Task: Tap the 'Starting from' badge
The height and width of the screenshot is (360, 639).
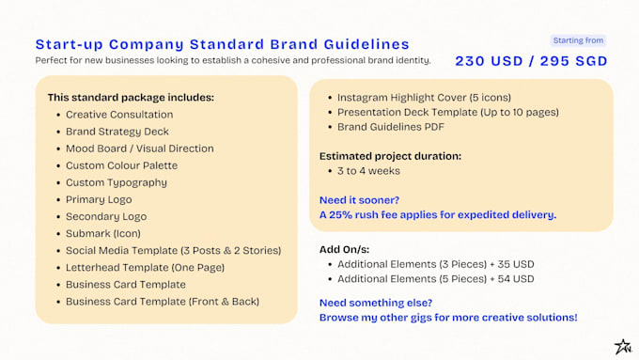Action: point(578,40)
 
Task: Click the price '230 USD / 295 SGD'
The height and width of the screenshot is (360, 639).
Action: point(531,61)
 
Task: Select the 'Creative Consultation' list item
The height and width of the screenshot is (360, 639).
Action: point(119,114)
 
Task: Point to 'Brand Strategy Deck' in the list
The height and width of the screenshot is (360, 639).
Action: point(117,132)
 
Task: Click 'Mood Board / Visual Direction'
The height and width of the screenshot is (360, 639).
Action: point(139,149)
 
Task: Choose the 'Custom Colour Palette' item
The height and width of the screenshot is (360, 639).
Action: point(121,165)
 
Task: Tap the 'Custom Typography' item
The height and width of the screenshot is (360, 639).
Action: point(117,182)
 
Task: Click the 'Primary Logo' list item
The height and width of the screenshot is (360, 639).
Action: point(99,199)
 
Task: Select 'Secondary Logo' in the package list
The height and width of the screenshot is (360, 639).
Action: point(106,216)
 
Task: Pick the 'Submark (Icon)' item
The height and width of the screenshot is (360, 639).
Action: point(102,233)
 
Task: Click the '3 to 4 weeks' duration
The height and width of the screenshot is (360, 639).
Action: point(368,171)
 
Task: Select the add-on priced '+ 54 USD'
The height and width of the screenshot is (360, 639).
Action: point(435,279)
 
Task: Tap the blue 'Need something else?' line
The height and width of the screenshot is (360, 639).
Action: point(376,302)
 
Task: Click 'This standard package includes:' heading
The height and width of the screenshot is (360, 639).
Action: point(131,97)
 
